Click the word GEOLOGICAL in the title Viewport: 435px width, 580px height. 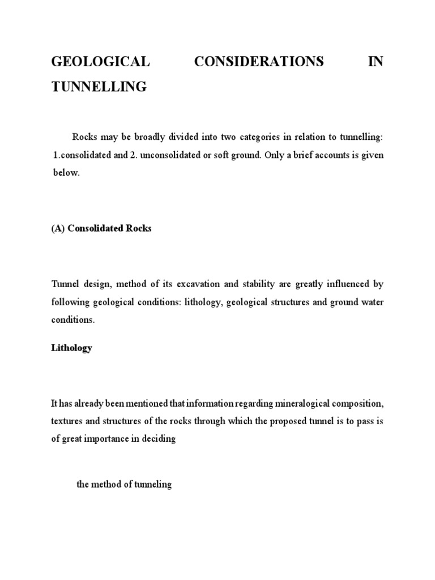[100, 62]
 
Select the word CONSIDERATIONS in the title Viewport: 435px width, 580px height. [259, 62]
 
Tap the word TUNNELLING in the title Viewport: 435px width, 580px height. [99, 87]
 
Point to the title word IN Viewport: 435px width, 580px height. [376, 62]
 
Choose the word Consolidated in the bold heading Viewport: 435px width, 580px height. [95, 229]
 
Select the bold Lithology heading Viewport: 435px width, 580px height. [71, 348]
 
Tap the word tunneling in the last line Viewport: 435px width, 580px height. [152, 485]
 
